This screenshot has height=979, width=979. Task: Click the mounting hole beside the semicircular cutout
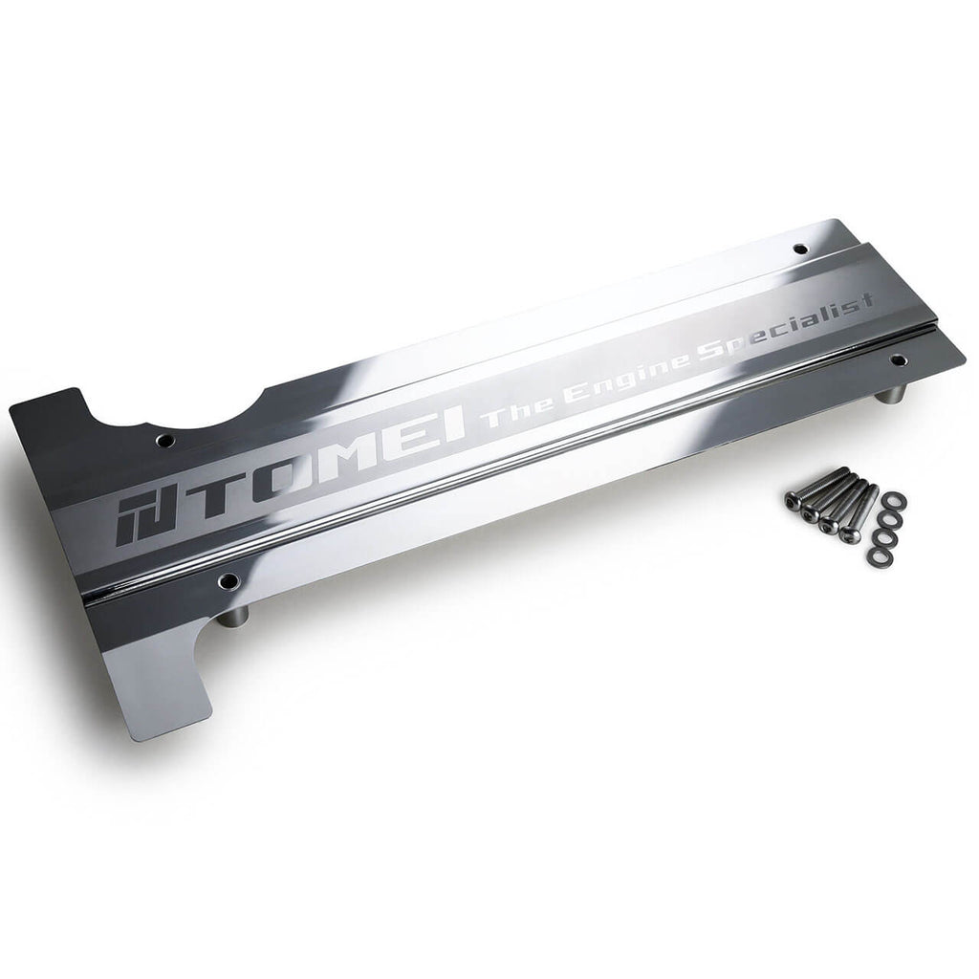click(x=165, y=441)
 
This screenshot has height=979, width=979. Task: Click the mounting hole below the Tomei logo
click(x=228, y=581)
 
